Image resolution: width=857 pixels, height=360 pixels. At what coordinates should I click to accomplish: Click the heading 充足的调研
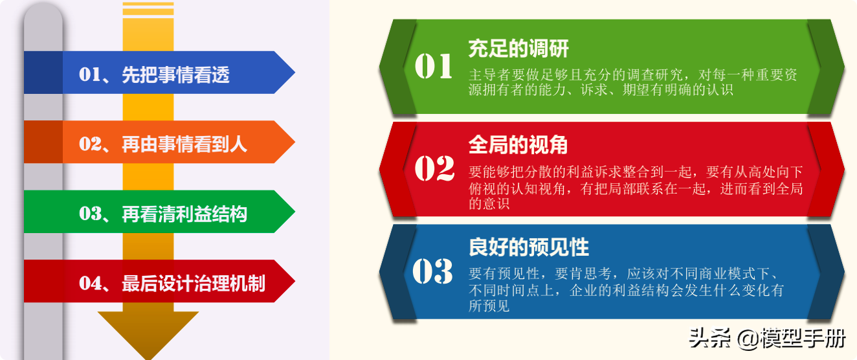coord(518,49)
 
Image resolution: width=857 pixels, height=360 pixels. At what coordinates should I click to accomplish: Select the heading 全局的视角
coord(518,146)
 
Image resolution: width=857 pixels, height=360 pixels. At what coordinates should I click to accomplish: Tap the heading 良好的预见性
coord(528,247)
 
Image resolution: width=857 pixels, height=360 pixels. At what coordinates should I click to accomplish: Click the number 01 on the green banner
coord(434,66)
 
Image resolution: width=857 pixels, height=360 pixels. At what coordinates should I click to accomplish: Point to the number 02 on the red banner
coord(434,168)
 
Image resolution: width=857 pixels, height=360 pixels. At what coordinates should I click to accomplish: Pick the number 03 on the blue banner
coord(433,271)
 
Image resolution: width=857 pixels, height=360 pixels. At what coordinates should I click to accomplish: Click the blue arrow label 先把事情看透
coord(175,74)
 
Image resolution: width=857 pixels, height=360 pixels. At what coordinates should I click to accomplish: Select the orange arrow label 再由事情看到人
coord(184,144)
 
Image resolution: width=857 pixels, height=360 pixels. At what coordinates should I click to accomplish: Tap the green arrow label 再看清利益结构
coord(184,214)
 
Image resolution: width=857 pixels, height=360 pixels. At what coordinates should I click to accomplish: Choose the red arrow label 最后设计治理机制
coord(193,284)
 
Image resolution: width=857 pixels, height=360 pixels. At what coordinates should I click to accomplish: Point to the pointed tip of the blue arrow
coord(295,73)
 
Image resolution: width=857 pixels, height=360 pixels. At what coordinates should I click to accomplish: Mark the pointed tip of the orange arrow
coord(295,142)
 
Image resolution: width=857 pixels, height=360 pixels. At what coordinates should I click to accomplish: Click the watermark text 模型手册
coord(803,339)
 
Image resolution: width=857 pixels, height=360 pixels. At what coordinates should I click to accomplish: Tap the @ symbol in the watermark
coord(748,339)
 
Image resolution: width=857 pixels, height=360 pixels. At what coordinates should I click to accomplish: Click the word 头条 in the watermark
coord(710,338)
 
